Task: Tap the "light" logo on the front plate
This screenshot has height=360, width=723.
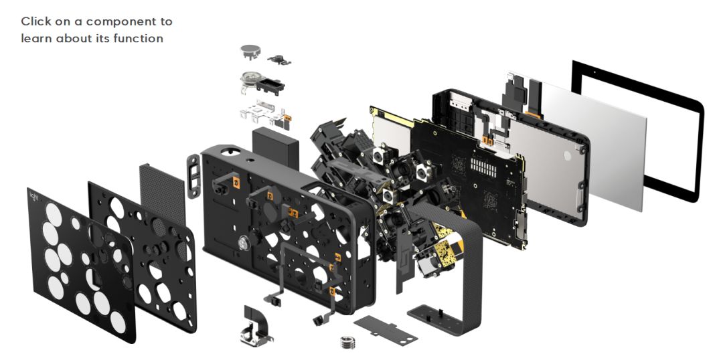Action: coord(34,196)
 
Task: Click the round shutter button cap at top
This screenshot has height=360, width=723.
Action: coord(250,51)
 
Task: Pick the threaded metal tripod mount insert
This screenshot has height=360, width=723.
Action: coord(347,341)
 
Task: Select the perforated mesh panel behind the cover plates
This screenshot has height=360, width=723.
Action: coord(162,198)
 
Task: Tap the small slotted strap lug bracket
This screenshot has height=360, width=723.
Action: coord(193,175)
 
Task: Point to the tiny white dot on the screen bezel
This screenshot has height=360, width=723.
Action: coord(594,72)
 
